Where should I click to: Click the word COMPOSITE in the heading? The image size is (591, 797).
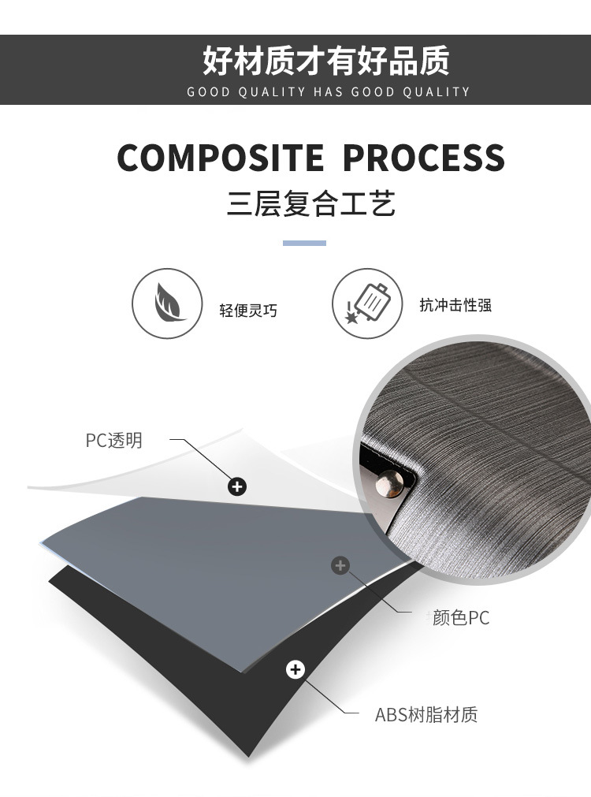(x=221, y=158)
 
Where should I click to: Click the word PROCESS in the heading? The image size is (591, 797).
(x=424, y=158)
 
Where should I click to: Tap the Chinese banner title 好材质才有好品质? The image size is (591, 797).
(x=325, y=61)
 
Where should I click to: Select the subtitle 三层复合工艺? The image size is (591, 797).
(x=311, y=203)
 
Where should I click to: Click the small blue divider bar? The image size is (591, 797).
(x=304, y=243)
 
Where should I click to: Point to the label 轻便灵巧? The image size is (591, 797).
(x=248, y=310)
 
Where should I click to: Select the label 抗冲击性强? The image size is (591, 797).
(x=455, y=305)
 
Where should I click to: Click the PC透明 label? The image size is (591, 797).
(x=114, y=440)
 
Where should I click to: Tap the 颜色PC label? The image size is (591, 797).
(x=460, y=618)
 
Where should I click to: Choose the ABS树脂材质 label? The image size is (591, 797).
(x=426, y=715)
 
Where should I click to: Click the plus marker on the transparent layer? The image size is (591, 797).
(x=237, y=486)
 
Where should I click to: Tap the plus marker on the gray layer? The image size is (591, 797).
(x=340, y=565)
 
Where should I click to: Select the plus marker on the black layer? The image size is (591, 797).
(x=295, y=670)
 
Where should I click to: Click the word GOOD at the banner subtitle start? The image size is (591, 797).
(x=208, y=92)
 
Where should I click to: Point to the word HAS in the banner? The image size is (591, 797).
(x=328, y=92)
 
